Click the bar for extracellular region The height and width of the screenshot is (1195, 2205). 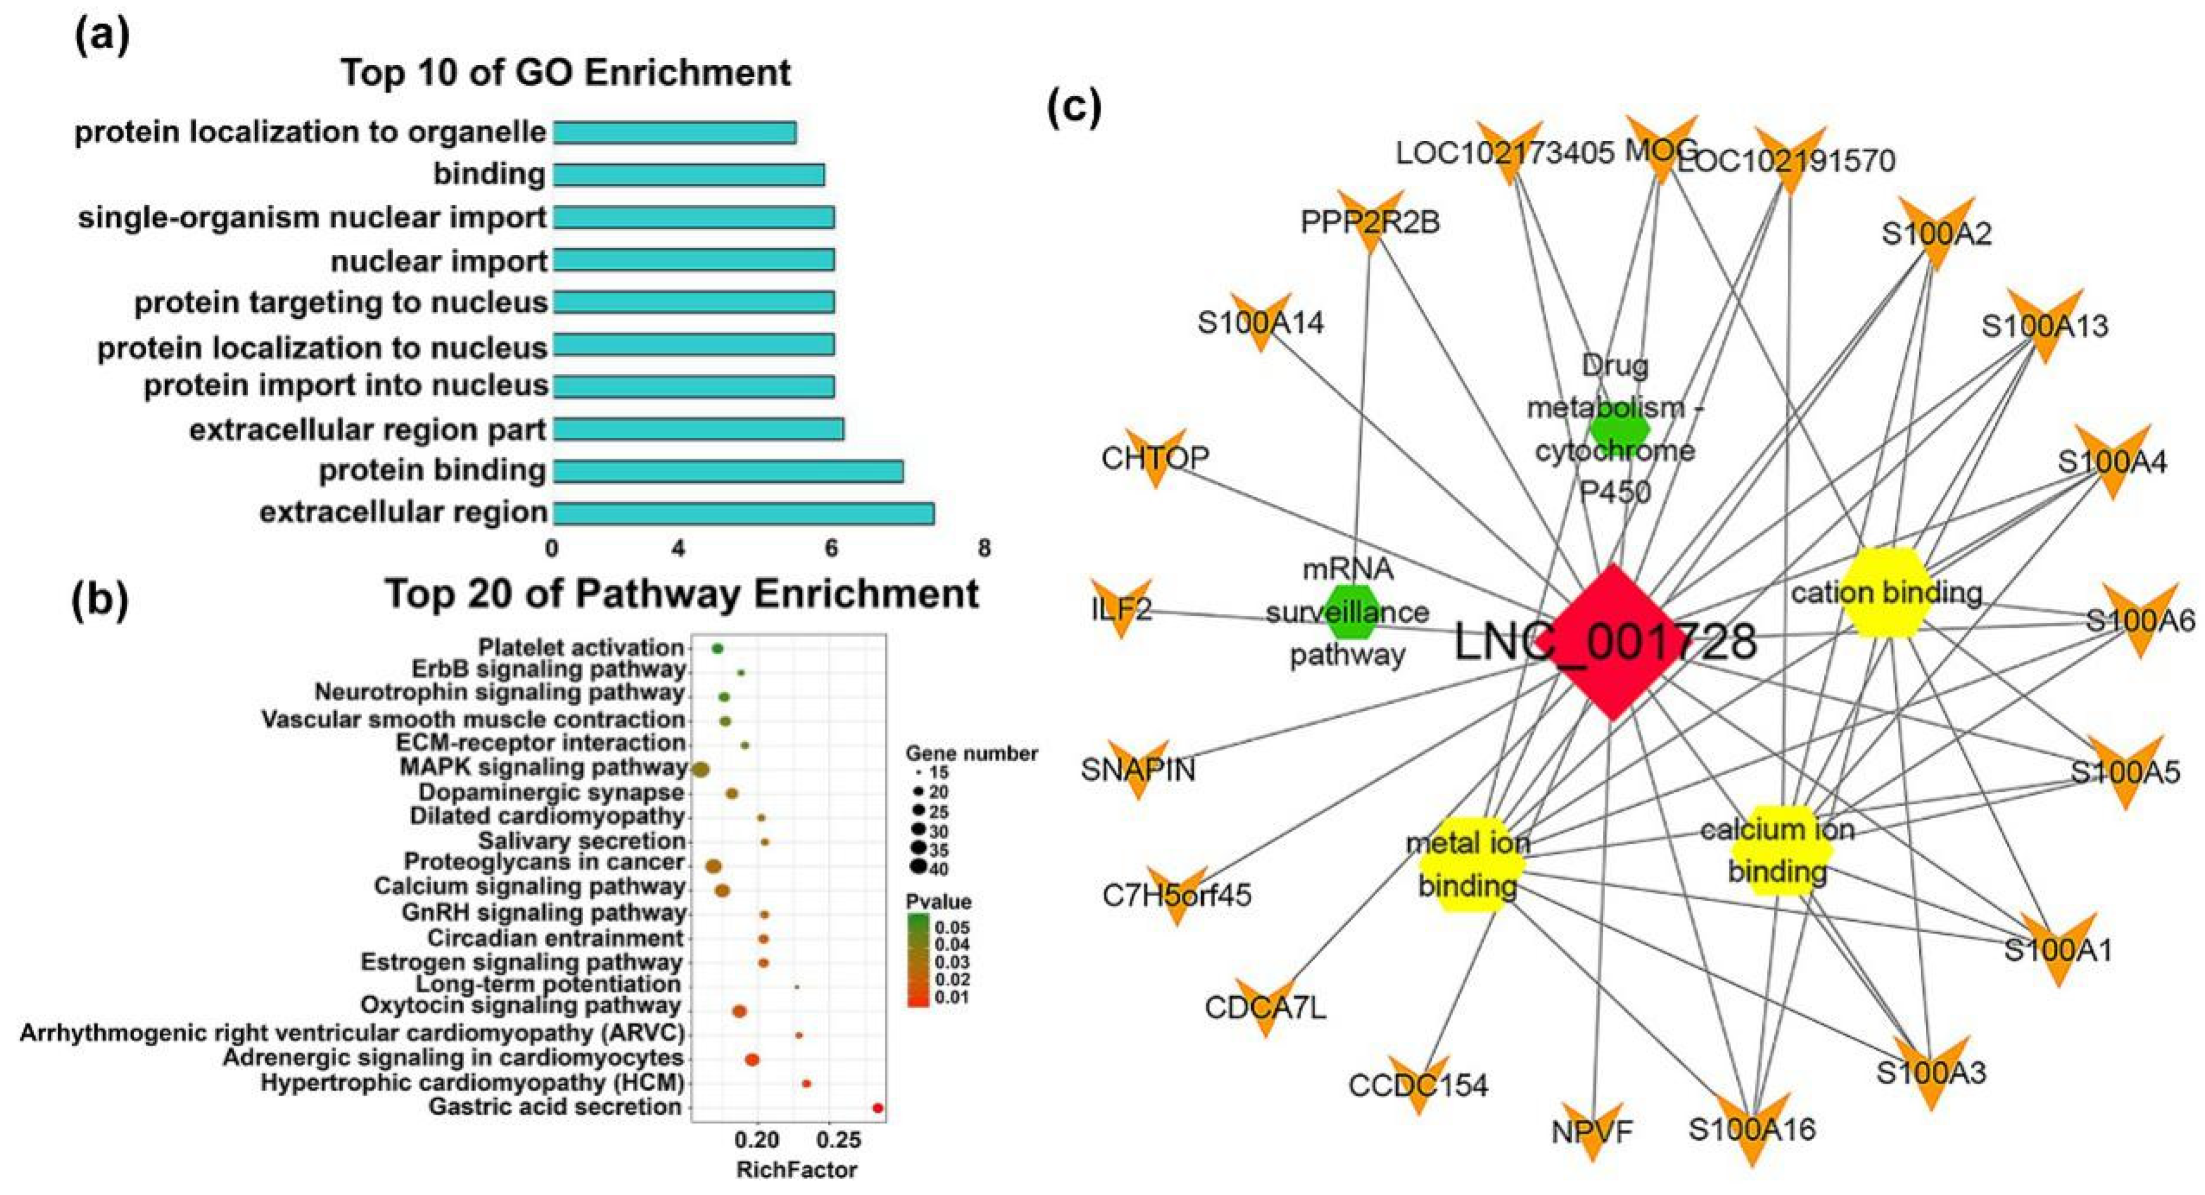click(743, 513)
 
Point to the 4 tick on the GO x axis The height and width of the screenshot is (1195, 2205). click(679, 548)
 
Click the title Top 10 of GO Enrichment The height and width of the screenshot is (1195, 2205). click(566, 73)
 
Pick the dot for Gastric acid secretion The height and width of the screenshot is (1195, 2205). click(877, 1108)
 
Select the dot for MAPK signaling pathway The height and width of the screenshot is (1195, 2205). click(700, 770)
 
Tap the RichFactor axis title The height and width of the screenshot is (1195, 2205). click(796, 1169)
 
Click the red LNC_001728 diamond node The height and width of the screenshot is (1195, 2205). click(1613, 642)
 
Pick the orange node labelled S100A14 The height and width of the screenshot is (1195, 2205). click(1260, 323)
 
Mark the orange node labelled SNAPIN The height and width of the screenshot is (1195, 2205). click(1139, 768)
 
